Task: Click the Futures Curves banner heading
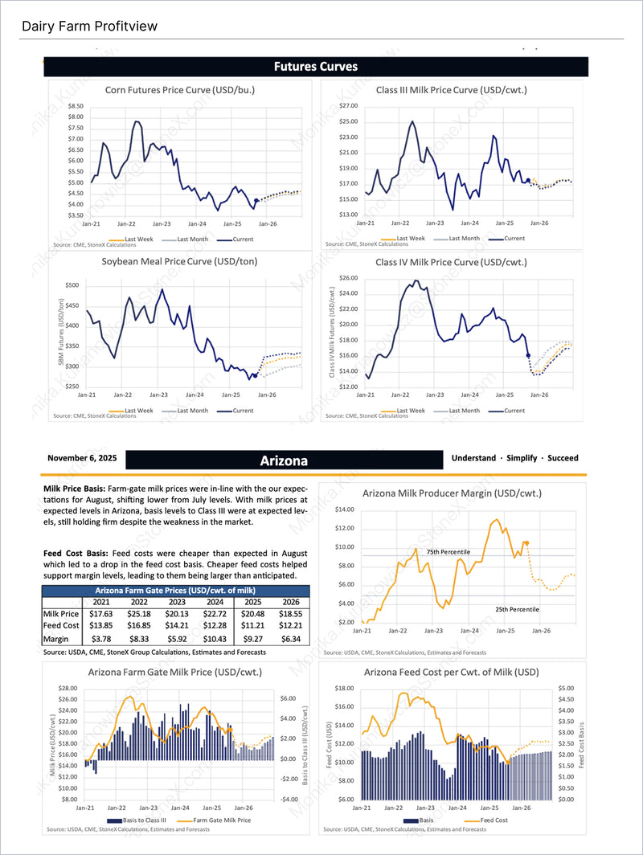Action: click(x=316, y=66)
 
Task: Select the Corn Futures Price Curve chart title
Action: click(x=180, y=90)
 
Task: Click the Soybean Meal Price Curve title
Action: click(x=179, y=261)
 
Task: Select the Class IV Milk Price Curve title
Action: click(x=451, y=262)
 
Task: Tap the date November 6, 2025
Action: click(x=82, y=458)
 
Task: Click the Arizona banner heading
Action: click(x=284, y=460)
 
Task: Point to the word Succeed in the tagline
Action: click(x=563, y=458)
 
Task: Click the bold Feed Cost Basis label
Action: click(x=76, y=553)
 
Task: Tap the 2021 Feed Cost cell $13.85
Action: click(x=101, y=626)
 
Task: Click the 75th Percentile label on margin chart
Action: click(x=448, y=551)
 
